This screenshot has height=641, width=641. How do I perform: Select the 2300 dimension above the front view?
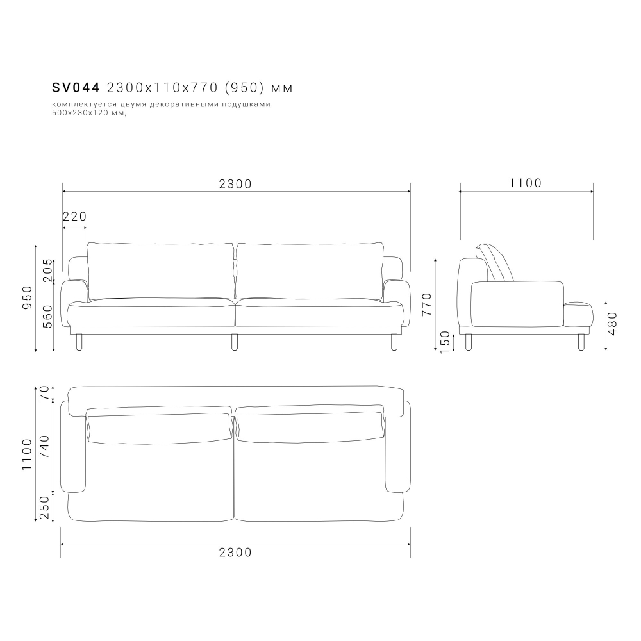pos(235,184)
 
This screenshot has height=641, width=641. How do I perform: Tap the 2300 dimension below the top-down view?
pos(235,552)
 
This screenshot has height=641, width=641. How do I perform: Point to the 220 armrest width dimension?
pos(74,217)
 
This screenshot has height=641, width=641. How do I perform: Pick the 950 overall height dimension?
pos(28,297)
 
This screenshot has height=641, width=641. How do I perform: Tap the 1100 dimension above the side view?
pos(526,184)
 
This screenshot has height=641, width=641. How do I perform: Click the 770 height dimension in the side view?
pos(428,305)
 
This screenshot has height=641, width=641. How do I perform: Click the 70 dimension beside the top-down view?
pos(45,394)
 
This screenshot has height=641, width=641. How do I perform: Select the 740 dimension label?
pos(45,447)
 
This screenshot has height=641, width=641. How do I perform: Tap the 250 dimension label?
pos(45,508)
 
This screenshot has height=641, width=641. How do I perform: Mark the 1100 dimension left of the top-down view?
pos(27,454)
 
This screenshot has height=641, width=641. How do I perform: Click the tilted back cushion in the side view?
pos(498,263)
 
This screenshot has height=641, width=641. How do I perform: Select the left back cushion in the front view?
pos(160,271)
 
